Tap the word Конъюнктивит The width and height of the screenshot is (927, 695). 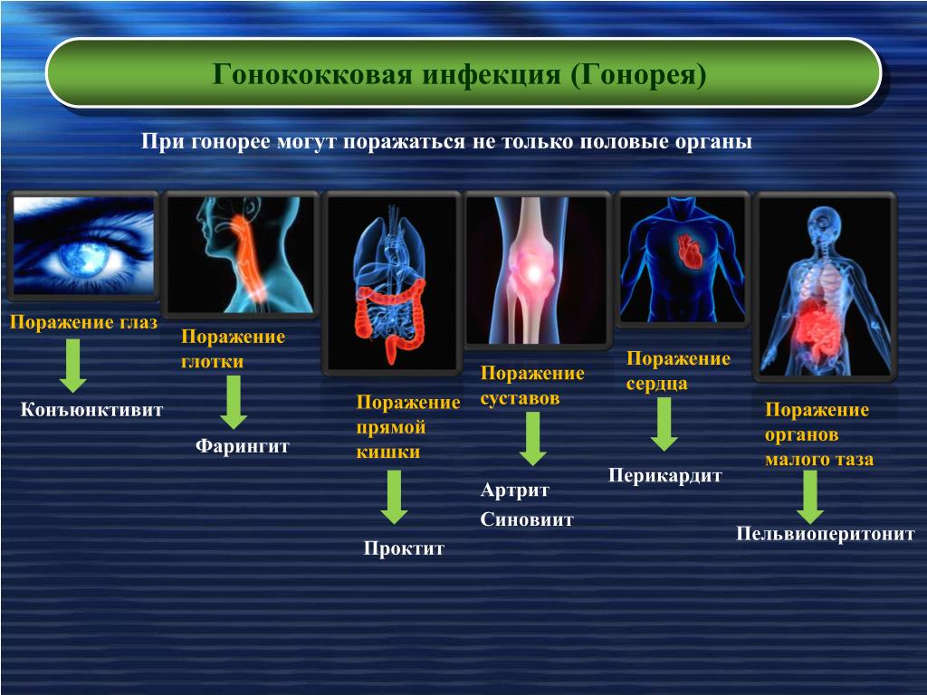click(x=91, y=410)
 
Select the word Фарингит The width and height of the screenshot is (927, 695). click(x=243, y=445)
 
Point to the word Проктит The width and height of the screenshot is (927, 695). click(x=404, y=547)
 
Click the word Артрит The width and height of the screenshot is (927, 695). click(x=515, y=490)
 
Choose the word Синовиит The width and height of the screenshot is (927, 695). click(x=527, y=519)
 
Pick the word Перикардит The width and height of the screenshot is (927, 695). click(x=665, y=476)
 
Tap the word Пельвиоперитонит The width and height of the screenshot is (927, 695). click(x=826, y=534)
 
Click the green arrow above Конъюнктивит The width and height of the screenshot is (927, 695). click(x=72, y=366)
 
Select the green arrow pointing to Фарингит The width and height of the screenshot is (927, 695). click(x=234, y=403)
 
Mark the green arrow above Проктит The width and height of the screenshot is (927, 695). click(x=394, y=497)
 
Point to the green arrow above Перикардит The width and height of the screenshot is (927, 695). click(x=664, y=424)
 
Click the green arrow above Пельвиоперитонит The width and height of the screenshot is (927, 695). click(x=810, y=497)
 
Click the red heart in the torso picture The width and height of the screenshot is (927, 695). click(x=689, y=251)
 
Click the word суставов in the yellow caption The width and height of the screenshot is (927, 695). click(x=520, y=398)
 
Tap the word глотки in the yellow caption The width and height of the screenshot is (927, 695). click(x=212, y=362)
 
